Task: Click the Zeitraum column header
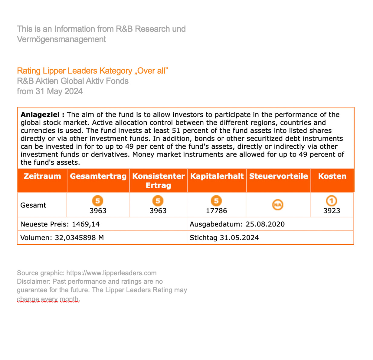point(42,176)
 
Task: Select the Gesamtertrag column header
point(98,176)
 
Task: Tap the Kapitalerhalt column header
point(217,176)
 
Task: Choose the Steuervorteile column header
point(278,176)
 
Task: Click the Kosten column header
point(332,176)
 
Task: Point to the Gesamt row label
point(33,205)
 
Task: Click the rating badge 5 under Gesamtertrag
point(98,201)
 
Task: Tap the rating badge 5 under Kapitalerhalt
point(216,201)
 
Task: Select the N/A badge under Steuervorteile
point(278,205)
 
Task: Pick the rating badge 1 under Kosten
point(332,201)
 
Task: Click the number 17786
point(216,211)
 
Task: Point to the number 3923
point(332,211)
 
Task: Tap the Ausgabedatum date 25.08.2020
point(265,224)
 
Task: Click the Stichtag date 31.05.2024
point(239,238)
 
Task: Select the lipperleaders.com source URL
point(111,273)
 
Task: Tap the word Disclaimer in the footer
point(34,282)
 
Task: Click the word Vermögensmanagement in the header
point(61,39)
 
